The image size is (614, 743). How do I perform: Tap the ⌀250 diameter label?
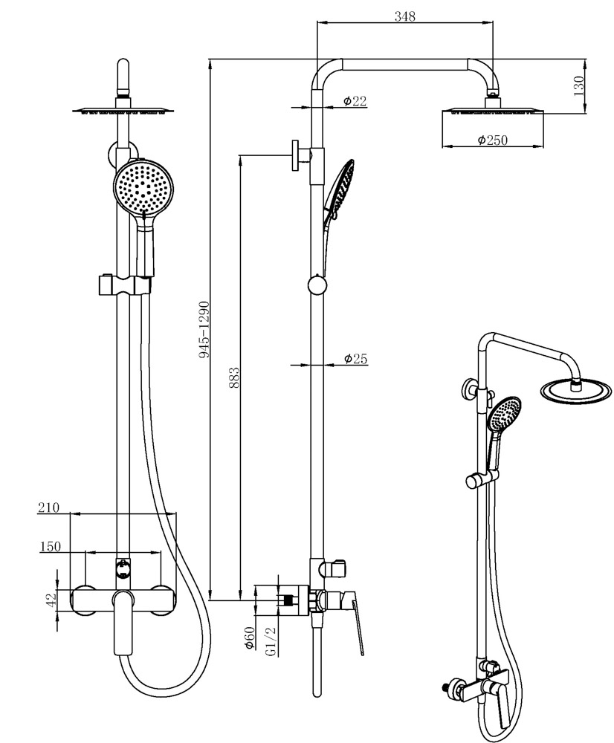pyautogui.click(x=492, y=140)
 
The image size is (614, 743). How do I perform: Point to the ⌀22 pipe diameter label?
pyautogui.click(x=355, y=101)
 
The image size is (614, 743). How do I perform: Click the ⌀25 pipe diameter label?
pyautogui.click(x=356, y=360)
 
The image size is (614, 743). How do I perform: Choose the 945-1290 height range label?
pyautogui.click(x=204, y=331)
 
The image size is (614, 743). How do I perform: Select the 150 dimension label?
pyautogui.click(x=50, y=547)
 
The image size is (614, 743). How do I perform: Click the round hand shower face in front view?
pyautogui.click(x=144, y=187)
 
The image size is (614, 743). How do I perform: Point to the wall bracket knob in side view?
pyautogui.click(x=297, y=156)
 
